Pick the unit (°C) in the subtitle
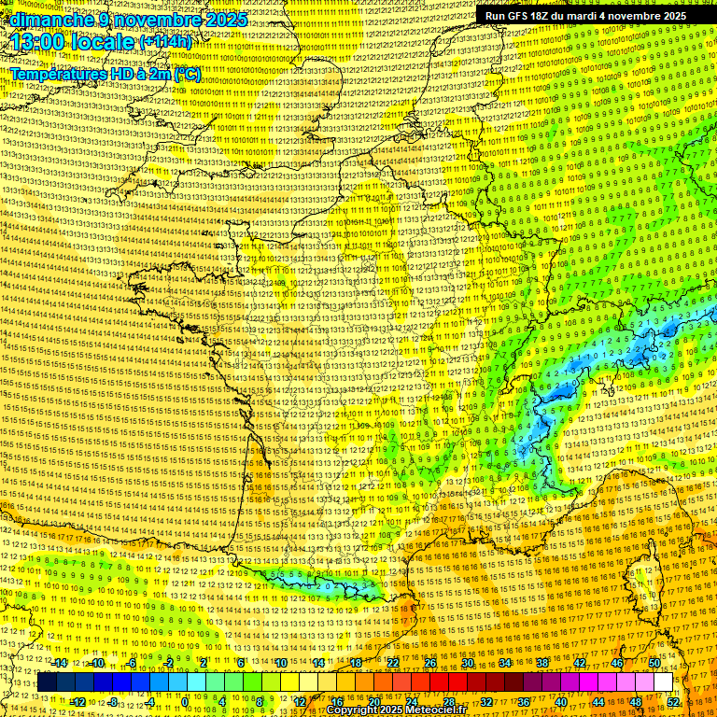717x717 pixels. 186,73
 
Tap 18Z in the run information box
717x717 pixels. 551,16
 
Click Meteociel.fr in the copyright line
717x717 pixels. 433,710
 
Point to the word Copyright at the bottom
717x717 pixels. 351,710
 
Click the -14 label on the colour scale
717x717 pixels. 60,664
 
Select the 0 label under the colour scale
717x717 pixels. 185,702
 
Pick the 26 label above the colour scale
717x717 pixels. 430,664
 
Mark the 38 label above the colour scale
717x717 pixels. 542,664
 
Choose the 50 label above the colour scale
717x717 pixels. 654,664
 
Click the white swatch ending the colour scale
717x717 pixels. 663,682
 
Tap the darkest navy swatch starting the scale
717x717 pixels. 47,682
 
